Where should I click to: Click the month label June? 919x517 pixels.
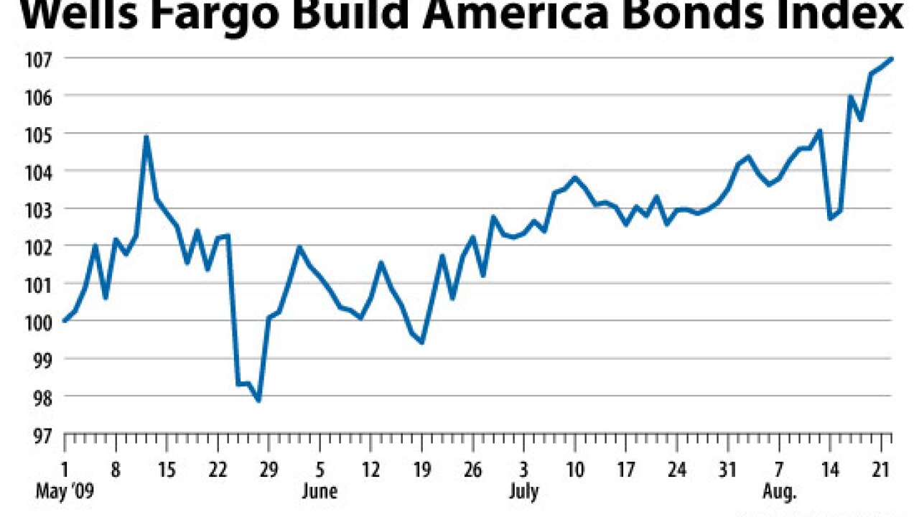(x=319, y=492)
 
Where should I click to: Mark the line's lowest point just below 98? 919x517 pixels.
(x=258, y=400)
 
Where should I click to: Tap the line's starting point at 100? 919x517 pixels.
(x=65, y=321)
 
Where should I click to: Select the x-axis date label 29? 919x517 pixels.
(x=268, y=470)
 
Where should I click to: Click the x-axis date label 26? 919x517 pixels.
(x=472, y=470)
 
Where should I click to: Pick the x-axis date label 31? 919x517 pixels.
(x=728, y=470)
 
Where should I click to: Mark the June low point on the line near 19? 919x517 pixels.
(x=421, y=342)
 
